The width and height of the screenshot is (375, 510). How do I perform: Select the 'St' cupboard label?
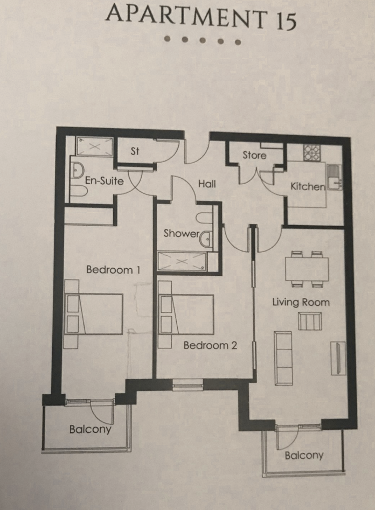(135, 152)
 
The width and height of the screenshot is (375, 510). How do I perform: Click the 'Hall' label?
(206, 184)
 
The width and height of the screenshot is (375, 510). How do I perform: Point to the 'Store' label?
(254, 155)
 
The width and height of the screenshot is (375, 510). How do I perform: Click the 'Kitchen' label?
(308, 187)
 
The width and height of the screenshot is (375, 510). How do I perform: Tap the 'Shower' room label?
(182, 234)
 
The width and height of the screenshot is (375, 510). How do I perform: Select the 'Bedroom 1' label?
(113, 270)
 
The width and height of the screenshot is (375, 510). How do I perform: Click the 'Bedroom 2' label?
(210, 345)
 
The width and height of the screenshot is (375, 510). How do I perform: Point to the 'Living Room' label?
(301, 302)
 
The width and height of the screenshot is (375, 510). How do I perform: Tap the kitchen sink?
(334, 176)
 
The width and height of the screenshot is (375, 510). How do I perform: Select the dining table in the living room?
(307, 268)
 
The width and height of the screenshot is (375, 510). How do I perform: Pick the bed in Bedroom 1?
(94, 314)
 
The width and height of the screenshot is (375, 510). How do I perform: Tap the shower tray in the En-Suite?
(95, 146)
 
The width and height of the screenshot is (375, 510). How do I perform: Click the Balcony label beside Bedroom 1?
(90, 429)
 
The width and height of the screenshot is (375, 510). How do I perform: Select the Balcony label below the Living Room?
(304, 456)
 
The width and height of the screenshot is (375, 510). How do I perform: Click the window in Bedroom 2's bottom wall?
(188, 385)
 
